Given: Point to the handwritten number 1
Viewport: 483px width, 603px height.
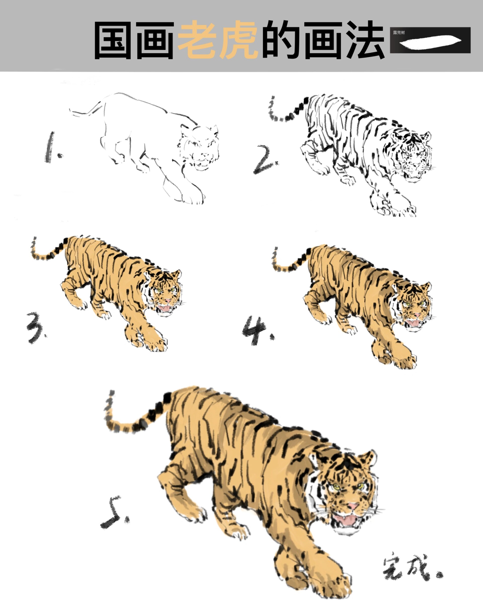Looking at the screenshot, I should [52, 148].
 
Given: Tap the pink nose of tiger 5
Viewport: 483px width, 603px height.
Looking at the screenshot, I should [352, 506].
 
